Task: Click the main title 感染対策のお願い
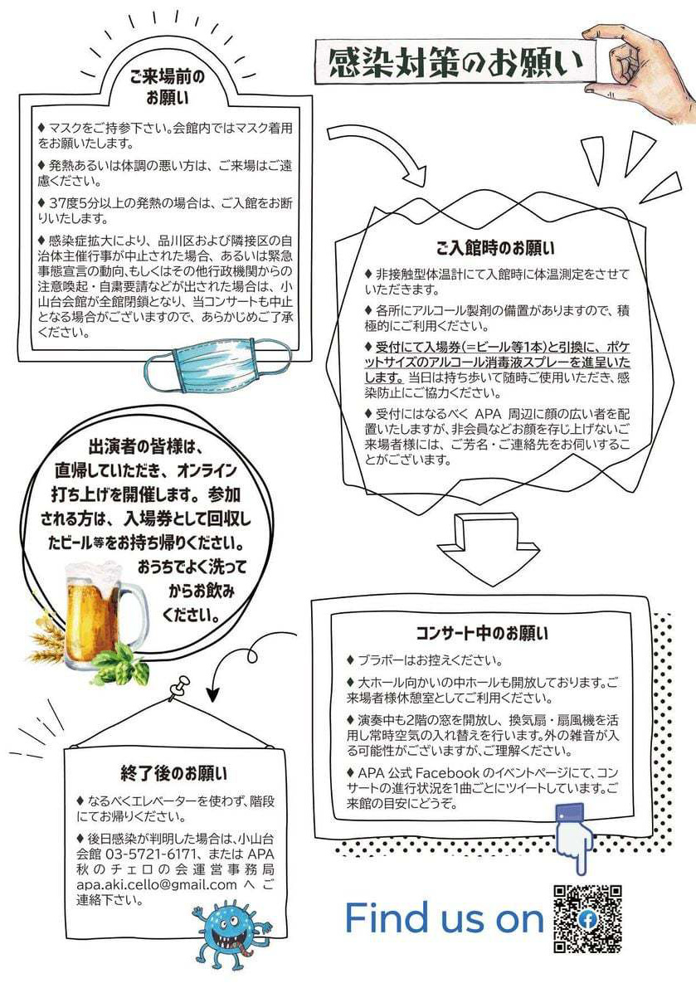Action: coord(456,63)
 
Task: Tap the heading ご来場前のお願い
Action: coord(167,87)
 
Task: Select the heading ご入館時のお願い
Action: coord(495,248)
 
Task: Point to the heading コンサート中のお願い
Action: coord(482,633)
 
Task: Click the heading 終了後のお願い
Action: coord(174,773)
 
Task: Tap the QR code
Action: coord(587,918)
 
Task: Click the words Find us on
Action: coord(444,917)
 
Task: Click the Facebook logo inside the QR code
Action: coord(587,919)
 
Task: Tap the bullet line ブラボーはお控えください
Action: coord(425,660)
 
